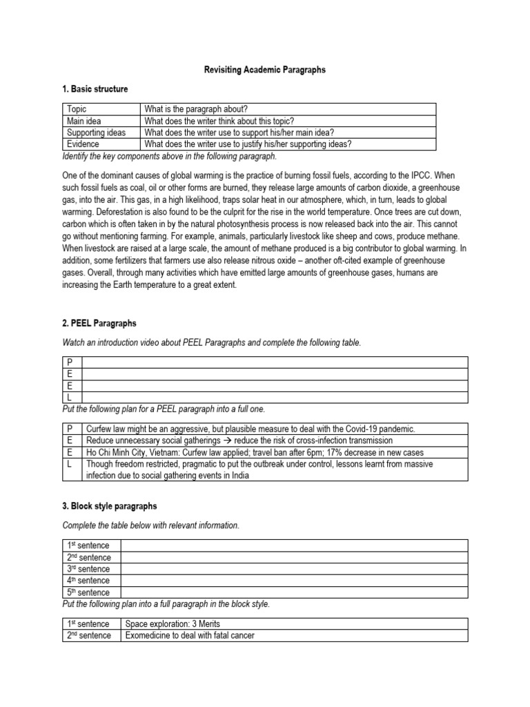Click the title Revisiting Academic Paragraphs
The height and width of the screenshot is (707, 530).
point(264,70)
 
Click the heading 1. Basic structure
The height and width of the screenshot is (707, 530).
point(95,89)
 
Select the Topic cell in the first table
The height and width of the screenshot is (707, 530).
point(77,109)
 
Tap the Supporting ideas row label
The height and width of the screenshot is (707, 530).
point(96,133)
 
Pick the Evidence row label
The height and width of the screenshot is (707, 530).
point(83,144)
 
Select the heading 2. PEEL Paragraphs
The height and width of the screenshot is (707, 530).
point(99,322)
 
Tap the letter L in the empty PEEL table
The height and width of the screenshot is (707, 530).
point(70,398)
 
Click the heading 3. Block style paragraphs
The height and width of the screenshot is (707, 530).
point(110,506)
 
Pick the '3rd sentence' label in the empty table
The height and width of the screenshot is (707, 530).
point(88,569)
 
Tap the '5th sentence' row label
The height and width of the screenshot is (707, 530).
point(88,592)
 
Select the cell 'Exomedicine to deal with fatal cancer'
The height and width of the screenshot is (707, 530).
point(190,636)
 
